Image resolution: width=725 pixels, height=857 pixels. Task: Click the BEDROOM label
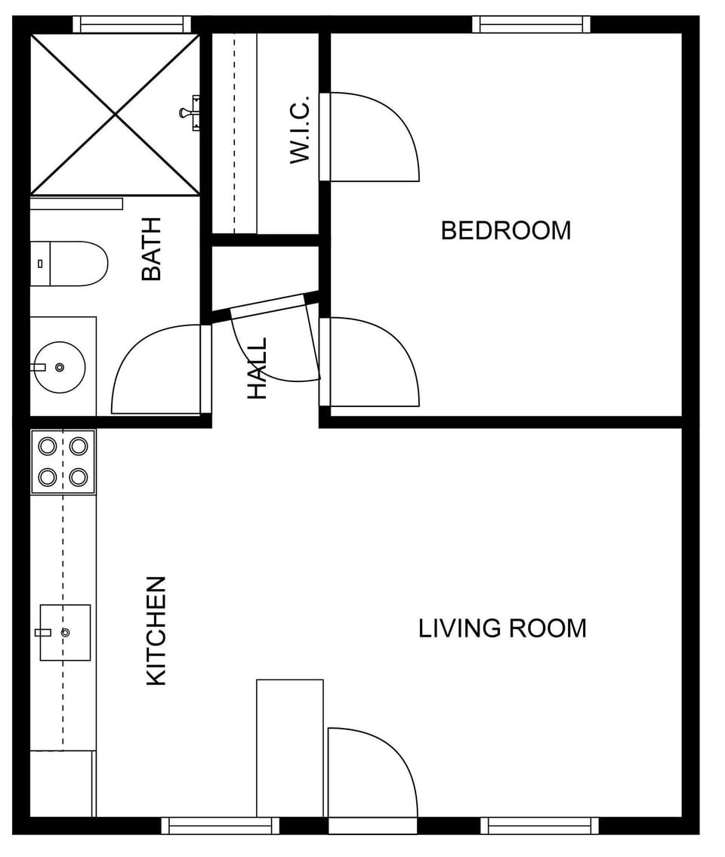pos(505,230)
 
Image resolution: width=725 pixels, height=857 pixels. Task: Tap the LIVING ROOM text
pos(502,628)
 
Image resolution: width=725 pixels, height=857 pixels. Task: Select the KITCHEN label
pos(156,630)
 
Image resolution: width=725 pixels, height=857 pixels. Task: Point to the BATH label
pos(152,248)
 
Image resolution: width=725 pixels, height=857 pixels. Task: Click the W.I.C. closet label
pos(300,129)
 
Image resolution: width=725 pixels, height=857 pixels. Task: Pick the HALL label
pos(258,368)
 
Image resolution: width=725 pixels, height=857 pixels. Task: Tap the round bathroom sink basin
pos(60,367)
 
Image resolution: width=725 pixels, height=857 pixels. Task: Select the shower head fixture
pos(190,113)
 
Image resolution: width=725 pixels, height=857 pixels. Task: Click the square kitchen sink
pos(65,632)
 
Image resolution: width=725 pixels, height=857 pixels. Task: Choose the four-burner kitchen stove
pos(63,461)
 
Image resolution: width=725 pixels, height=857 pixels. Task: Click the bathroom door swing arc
pos(155,370)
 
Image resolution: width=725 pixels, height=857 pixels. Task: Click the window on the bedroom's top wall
pos(532,24)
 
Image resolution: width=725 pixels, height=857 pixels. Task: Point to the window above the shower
pos(132,24)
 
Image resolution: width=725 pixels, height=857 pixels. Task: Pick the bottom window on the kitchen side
pos(221,825)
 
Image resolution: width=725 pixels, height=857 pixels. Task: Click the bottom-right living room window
pos(539,825)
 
